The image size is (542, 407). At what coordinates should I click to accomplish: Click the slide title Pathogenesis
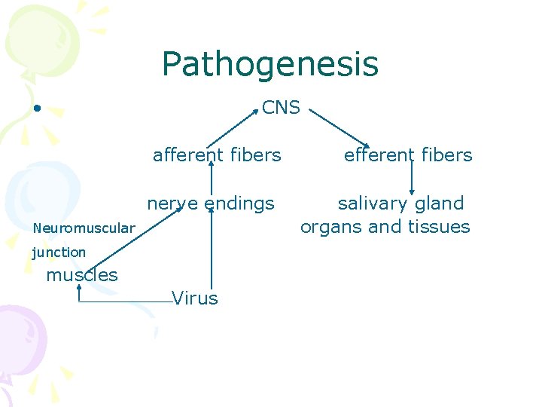(x=269, y=65)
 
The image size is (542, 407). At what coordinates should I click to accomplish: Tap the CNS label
(x=281, y=108)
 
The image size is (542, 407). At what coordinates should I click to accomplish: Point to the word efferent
(x=375, y=155)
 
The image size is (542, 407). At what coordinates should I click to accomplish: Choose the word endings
(x=239, y=203)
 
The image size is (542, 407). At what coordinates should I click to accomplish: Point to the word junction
(x=59, y=252)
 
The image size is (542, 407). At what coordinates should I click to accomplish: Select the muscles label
(x=82, y=275)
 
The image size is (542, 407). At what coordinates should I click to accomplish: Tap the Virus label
(x=195, y=298)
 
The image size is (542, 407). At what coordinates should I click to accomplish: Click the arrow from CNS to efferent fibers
(x=339, y=127)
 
